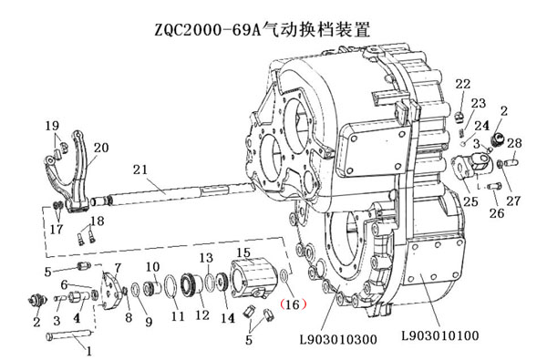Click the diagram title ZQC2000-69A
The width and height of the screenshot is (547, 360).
coord(208,30)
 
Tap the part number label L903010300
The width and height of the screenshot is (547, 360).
coord(338,339)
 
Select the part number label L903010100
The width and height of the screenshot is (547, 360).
coord(440,335)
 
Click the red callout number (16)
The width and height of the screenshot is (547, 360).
coord(293,304)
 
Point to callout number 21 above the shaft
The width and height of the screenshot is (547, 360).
coord(140,170)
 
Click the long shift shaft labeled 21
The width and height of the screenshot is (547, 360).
coord(171,195)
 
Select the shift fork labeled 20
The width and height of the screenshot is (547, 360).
coord(67,172)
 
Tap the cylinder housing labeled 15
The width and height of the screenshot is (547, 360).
coord(253,278)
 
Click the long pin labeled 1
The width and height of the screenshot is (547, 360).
coord(69,334)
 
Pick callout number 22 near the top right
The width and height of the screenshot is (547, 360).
coord(463,84)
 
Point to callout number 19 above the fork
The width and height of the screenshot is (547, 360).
coord(52,125)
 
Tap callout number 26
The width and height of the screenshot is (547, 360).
coord(497,212)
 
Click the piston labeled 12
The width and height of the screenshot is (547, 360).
coord(191,285)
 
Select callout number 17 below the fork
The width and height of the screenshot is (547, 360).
coord(57,229)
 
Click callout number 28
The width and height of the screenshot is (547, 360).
coord(514,143)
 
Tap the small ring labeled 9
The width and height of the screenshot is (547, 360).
coord(136,289)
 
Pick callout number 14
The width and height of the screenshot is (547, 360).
coord(228,318)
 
